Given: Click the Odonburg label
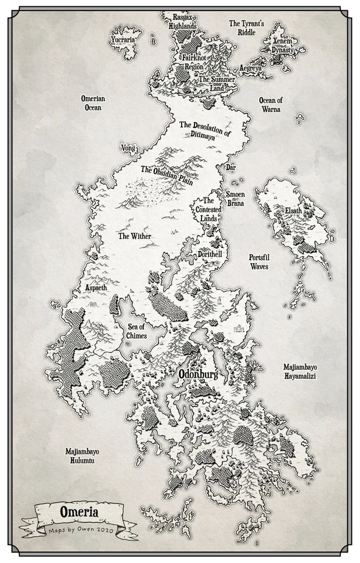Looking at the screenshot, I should (198, 375).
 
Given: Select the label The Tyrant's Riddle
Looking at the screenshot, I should (246, 28).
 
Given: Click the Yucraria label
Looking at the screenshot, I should (123, 40).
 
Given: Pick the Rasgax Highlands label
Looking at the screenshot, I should (182, 22).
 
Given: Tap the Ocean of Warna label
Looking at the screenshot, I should (271, 105).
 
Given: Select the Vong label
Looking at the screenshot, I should (127, 149).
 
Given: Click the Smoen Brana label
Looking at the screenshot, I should (235, 199).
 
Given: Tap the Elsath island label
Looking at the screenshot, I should (293, 210).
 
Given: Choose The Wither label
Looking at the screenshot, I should (131, 236).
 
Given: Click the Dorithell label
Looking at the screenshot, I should (210, 254).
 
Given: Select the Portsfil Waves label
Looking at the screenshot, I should (259, 262).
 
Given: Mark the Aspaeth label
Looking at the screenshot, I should (96, 288).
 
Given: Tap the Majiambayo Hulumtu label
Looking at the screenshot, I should (80, 456).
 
